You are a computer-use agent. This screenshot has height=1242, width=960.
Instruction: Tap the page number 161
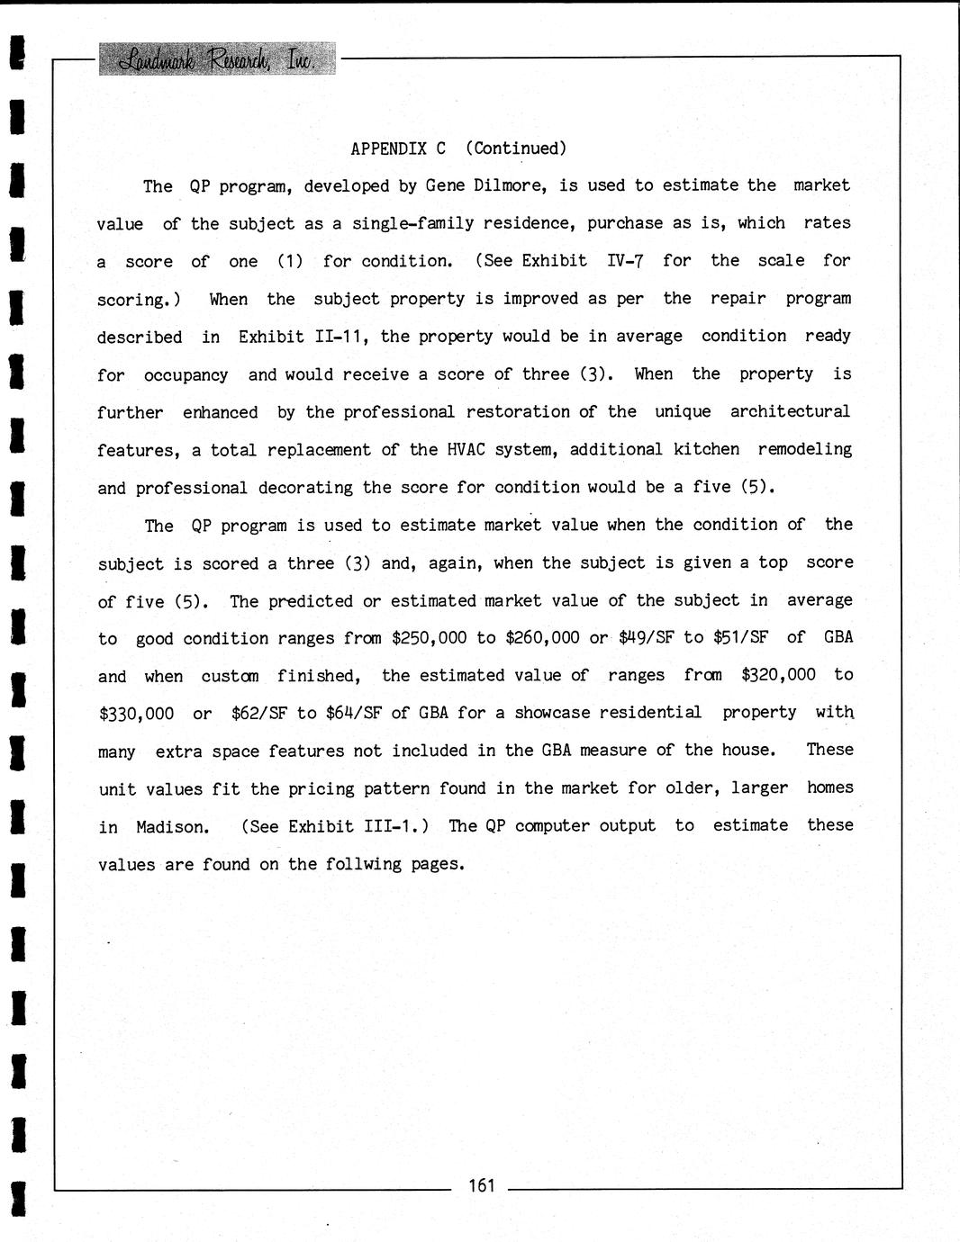tap(482, 1185)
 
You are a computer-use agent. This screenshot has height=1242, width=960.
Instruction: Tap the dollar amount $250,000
tap(429, 638)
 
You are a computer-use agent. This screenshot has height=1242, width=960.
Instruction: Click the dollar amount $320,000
tap(778, 675)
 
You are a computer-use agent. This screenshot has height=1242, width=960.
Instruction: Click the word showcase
tap(552, 713)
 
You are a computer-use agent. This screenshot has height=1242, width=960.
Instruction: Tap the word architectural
tap(789, 411)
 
